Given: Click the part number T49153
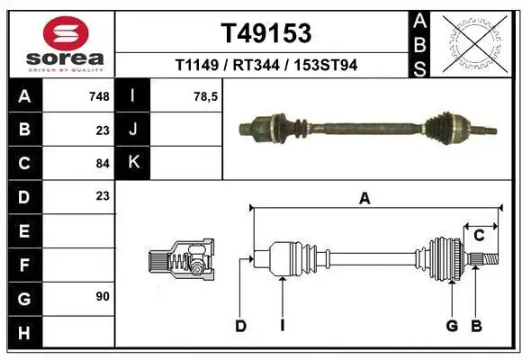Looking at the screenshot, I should (266, 32).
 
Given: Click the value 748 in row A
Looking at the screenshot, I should (98, 95).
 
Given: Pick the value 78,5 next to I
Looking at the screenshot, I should (207, 95).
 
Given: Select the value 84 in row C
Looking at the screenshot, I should (102, 163).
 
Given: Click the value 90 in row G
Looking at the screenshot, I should (102, 296).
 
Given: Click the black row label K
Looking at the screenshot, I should (133, 162).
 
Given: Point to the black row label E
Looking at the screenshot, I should (23, 230).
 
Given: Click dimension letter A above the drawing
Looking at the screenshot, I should (364, 200).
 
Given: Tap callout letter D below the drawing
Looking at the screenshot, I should (240, 326).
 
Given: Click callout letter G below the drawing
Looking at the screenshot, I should (452, 326).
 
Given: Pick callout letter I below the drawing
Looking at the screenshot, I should (282, 326).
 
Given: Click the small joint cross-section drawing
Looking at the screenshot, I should (181, 262).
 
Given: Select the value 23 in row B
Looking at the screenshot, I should (102, 130).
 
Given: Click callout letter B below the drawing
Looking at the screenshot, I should (477, 326).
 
